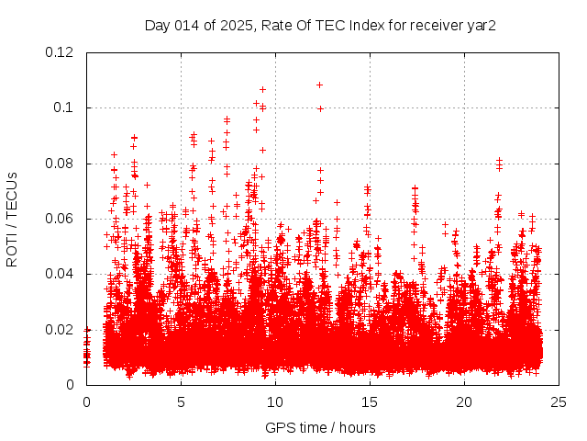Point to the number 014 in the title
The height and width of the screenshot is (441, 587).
[190, 25]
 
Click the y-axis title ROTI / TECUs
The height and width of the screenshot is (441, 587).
[12, 219]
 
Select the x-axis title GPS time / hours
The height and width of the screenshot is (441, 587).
[320, 427]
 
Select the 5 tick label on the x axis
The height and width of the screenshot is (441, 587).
[181, 401]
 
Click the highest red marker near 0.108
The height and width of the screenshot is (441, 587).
[320, 85]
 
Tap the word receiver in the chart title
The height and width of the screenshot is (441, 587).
[435, 25]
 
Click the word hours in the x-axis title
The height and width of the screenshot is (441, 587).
[356, 427]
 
